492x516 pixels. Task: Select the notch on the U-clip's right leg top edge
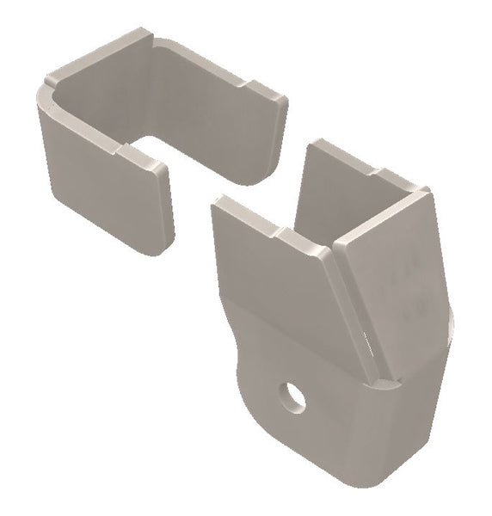249,84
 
